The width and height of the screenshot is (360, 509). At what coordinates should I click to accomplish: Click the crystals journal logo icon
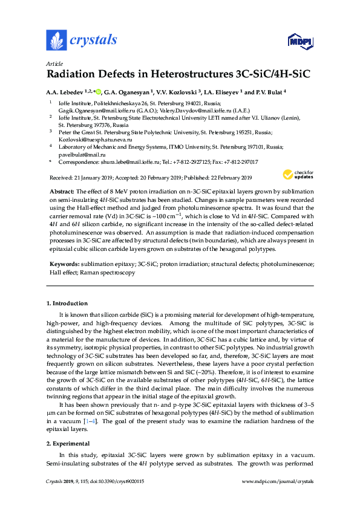click(56, 41)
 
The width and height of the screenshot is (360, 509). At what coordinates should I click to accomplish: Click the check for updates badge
click(298, 175)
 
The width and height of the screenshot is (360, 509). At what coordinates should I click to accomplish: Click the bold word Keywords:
click(64, 264)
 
